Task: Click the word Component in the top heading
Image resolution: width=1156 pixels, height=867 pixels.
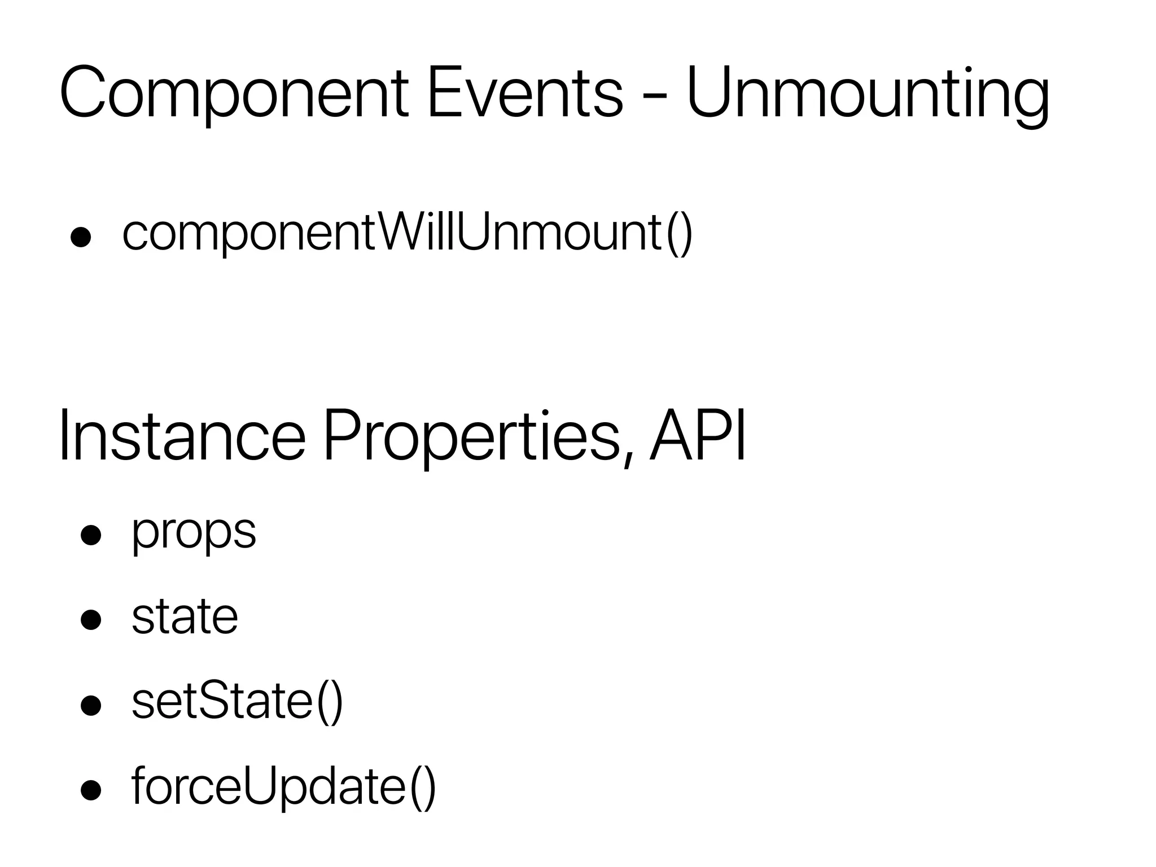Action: (x=234, y=93)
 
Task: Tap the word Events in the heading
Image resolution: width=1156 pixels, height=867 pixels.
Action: (x=525, y=93)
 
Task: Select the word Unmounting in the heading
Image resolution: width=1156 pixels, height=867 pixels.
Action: (x=868, y=93)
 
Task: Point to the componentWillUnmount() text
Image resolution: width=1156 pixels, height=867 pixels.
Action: (x=406, y=233)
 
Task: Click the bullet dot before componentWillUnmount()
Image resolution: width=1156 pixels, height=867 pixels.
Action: (x=81, y=238)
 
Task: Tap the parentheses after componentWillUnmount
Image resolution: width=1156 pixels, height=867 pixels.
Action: (x=679, y=233)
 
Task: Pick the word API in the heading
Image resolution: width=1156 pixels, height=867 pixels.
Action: (x=698, y=435)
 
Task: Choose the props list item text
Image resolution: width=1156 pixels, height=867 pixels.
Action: (x=194, y=532)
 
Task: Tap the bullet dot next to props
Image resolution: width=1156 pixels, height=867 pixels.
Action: (x=91, y=535)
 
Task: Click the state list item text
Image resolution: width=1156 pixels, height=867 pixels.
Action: (x=185, y=616)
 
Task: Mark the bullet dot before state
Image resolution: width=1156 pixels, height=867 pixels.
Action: (x=91, y=620)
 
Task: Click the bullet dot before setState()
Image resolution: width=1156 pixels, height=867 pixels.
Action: (x=91, y=705)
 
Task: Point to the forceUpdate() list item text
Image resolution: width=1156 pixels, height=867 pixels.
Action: (x=283, y=786)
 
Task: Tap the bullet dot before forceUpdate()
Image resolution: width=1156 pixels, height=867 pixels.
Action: (x=91, y=790)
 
